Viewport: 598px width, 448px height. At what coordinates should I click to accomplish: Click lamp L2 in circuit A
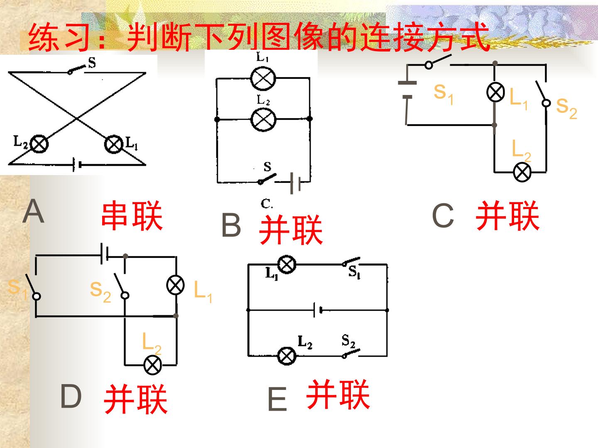pos(39,144)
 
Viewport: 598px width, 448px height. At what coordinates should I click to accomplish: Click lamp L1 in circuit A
pos(114,144)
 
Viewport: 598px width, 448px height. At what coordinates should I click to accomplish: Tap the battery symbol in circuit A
pos(77,165)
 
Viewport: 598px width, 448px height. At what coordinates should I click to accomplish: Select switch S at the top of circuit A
pos(77,70)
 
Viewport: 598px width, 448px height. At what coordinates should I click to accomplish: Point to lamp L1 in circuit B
pos(263,78)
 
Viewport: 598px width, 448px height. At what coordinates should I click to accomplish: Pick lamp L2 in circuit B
pos(263,119)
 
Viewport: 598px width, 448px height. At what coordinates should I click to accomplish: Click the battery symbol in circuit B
pos(295,183)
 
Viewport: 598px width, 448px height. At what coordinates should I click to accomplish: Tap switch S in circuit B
pos(267,179)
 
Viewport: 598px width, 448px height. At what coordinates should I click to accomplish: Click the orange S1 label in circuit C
pos(443,94)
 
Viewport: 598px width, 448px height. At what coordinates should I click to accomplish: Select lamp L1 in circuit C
pos(495,92)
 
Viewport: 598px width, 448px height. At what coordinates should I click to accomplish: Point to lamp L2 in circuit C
pos(522,173)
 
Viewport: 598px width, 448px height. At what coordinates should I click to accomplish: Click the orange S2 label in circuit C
pos(566,108)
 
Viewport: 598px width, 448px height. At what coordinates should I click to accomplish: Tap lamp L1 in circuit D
pos(175,285)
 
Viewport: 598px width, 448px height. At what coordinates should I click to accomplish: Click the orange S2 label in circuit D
pos(100,292)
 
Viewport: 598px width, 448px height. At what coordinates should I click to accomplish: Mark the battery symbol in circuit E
pos(318,310)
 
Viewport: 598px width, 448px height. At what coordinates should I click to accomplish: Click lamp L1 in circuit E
pos(287,264)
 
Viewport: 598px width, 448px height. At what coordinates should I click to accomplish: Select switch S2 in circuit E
pos(351,353)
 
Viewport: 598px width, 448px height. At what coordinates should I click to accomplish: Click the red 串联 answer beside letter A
pos(132,216)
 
